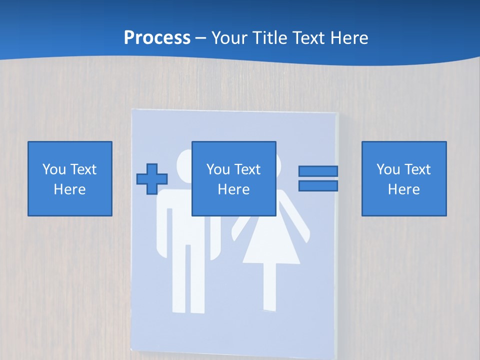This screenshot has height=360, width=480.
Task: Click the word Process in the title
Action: [x=157, y=37]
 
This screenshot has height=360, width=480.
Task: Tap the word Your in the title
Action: [x=228, y=37]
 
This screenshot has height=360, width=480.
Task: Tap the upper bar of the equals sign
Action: [x=318, y=171]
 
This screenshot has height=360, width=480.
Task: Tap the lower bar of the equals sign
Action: [x=318, y=186]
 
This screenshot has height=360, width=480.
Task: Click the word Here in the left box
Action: [x=70, y=189]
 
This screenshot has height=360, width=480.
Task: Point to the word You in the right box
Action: [x=388, y=169]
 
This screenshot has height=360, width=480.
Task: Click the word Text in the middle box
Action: [x=248, y=169]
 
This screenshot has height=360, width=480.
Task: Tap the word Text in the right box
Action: [x=418, y=169]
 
